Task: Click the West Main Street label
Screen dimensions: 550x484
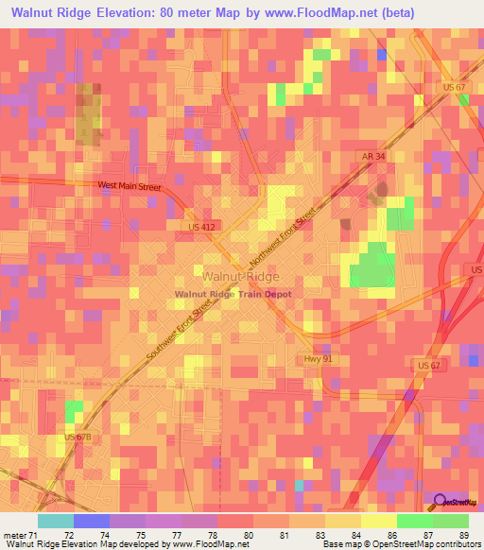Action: pyautogui.click(x=130, y=187)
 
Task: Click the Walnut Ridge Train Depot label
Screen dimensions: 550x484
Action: pyautogui.click(x=233, y=294)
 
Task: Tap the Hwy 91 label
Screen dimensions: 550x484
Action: pyautogui.click(x=314, y=359)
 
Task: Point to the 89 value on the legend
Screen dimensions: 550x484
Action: pyautogui.click(x=461, y=535)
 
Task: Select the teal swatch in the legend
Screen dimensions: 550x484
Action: pyautogui.click(x=56, y=521)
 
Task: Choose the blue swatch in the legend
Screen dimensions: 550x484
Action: pyautogui.click(x=92, y=521)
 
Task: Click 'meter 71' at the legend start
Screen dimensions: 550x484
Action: pyautogui.click(x=21, y=535)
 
